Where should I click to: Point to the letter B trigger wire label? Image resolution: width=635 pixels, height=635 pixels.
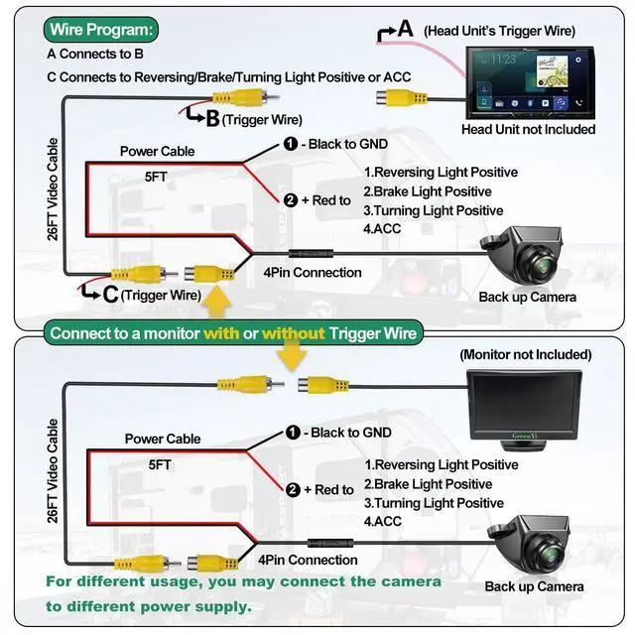pos(211,119)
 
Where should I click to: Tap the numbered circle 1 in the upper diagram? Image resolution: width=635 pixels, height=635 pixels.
pos(291,144)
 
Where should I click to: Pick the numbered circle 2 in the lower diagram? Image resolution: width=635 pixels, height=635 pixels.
pos(293,489)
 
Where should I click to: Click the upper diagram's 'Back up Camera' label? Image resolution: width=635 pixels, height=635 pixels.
pos(527,297)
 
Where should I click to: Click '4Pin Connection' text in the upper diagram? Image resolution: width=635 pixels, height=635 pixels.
pos(312,272)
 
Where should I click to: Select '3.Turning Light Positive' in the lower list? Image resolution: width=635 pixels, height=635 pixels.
pos(434,503)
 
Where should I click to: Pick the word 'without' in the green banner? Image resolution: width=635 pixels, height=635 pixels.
pos(293,332)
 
